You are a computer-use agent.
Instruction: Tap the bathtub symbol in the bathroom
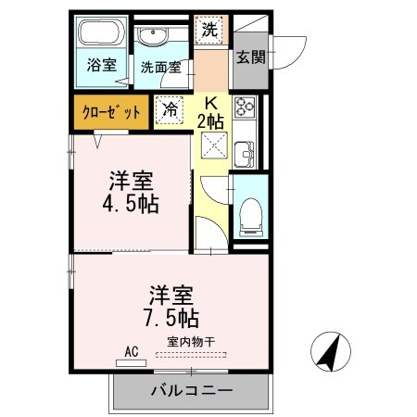click(99, 36)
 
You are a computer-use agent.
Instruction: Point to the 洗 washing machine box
click(209, 29)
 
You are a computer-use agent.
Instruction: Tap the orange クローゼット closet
click(110, 111)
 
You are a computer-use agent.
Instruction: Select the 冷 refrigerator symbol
click(170, 109)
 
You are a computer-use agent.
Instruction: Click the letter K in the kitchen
click(211, 104)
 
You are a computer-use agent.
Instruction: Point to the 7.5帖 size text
click(170, 318)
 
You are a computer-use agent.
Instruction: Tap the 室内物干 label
click(191, 343)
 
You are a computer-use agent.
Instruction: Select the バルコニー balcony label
click(192, 391)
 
